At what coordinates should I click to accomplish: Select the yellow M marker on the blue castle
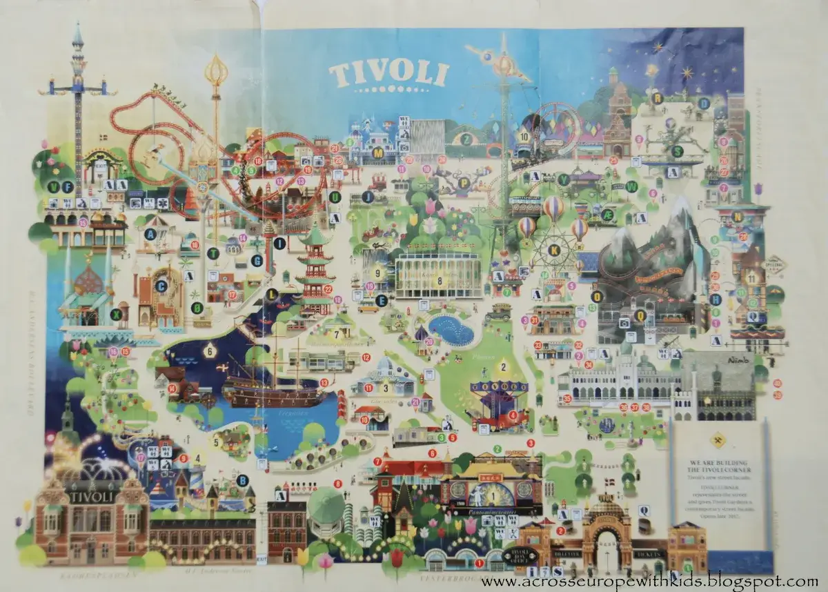tap(377, 152)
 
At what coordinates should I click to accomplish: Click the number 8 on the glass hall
tap(439, 280)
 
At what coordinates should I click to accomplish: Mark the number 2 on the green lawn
tap(503, 367)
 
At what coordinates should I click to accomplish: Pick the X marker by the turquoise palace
tap(115, 314)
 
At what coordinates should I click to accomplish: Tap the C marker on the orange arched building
tap(161, 286)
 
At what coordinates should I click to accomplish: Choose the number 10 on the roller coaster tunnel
tap(524, 137)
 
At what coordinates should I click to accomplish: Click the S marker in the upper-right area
tap(677, 150)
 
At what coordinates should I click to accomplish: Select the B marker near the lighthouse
tap(241, 480)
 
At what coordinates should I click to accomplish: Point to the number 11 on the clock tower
tap(751, 277)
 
